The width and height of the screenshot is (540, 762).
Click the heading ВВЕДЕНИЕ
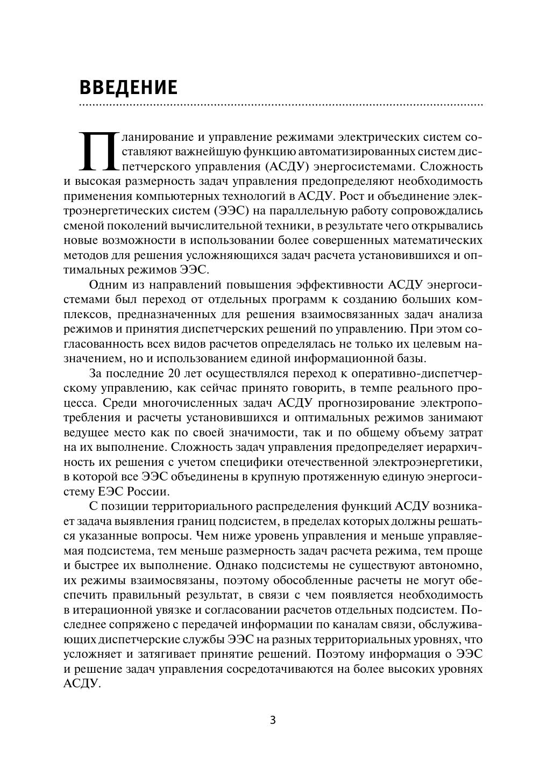[128, 87]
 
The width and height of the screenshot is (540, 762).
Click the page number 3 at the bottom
[272, 720]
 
